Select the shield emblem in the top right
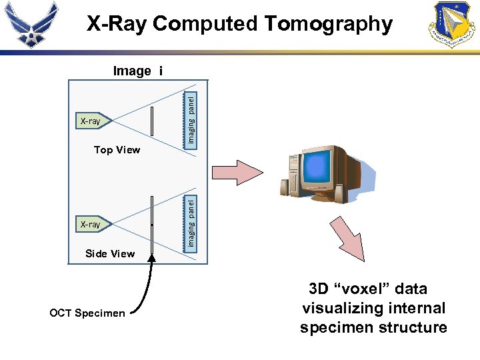click(x=454, y=24)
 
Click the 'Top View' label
click(x=117, y=150)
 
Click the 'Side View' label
click(x=110, y=253)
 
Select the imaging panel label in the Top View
click(x=191, y=119)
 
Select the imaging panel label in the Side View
click(x=191, y=221)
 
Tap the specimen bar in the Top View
click(x=153, y=121)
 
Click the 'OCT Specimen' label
click(x=87, y=313)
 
